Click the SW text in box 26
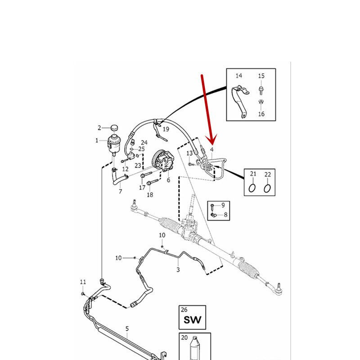(x=192, y=321)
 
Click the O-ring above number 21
(x=252, y=187)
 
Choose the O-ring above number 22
(x=267, y=187)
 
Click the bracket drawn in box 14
(x=240, y=102)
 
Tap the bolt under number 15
(x=261, y=90)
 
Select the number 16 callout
(x=261, y=114)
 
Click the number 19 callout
(x=166, y=129)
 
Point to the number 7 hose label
(x=120, y=192)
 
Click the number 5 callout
(x=127, y=329)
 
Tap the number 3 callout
(x=178, y=270)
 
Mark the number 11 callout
(x=83, y=282)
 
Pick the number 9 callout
(x=222, y=205)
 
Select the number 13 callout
(x=189, y=153)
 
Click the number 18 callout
(x=150, y=194)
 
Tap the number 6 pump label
(x=168, y=180)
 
